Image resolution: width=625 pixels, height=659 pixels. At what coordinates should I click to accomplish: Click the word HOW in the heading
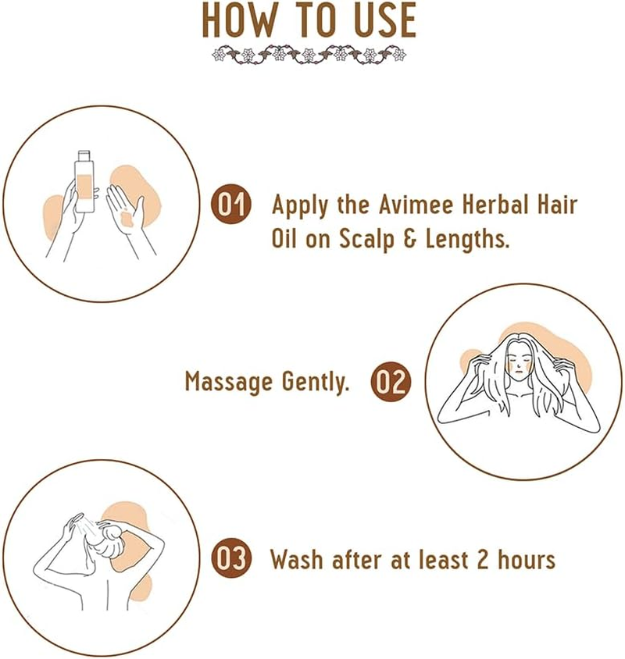pyautogui.click(x=240, y=20)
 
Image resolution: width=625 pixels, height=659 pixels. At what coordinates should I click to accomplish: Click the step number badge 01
pyautogui.click(x=231, y=205)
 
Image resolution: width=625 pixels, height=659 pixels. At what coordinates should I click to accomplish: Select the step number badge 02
pyautogui.click(x=391, y=382)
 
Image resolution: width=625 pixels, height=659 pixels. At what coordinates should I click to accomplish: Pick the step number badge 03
pyautogui.click(x=231, y=557)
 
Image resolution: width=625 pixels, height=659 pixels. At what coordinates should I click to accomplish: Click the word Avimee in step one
pyautogui.click(x=416, y=205)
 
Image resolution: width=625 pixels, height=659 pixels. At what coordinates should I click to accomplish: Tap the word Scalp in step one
pyautogui.click(x=366, y=240)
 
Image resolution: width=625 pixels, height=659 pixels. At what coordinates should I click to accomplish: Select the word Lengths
pyautogui.click(x=467, y=240)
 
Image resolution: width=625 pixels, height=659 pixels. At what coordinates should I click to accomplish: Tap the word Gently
pyautogui.click(x=316, y=383)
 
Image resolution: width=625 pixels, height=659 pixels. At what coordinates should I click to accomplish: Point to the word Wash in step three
pyautogui.click(x=298, y=559)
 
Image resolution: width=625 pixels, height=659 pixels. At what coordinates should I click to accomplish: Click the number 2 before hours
pyautogui.click(x=483, y=559)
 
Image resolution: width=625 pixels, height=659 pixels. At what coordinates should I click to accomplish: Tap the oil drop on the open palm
pyautogui.click(x=127, y=219)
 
